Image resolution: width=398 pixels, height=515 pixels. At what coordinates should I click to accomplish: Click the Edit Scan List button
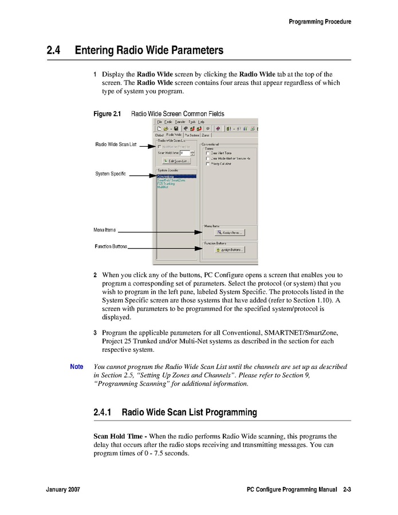[176, 161]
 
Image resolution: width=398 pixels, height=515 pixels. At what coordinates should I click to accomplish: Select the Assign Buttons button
[230, 250]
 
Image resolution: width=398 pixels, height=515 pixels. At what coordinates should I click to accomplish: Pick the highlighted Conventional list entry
[176, 176]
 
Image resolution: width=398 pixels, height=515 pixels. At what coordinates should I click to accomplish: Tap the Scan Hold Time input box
[184, 153]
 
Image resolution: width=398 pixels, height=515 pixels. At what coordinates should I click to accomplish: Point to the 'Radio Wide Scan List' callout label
[116, 144]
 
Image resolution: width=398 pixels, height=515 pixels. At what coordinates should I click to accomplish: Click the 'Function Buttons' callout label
[111, 246]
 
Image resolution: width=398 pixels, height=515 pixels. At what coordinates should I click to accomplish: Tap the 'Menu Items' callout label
[105, 230]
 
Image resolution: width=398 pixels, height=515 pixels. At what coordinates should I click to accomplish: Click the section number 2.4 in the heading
[54, 50]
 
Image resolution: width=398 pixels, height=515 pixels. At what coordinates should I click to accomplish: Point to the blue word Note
[76, 367]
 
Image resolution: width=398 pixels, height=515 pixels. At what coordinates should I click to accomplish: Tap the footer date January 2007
[63, 490]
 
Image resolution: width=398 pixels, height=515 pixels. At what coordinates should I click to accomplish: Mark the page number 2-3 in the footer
[347, 490]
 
